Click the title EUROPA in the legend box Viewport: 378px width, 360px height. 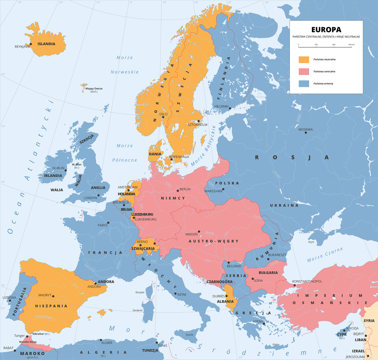pyautogui.click(x=326, y=30)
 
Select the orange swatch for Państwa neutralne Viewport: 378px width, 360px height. pyautogui.click(x=304, y=59)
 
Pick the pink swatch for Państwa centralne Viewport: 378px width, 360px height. pyautogui.click(x=304, y=72)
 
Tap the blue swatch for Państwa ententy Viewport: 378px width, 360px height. pyautogui.click(x=304, y=83)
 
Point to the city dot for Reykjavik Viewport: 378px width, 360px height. pyautogui.click(x=31, y=44)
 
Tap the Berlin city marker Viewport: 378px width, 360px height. pyautogui.click(x=178, y=190)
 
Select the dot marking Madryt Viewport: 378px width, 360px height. pyautogui.click(x=53, y=296)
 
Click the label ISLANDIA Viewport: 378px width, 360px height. pyautogui.click(x=46, y=44)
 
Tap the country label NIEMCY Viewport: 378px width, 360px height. pyautogui.click(x=173, y=198)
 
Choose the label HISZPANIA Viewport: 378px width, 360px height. pyautogui.click(x=51, y=306)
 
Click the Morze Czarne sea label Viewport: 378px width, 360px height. pyautogui.click(x=325, y=255)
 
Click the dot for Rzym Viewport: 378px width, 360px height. pyautogui.click(x=175, y=294)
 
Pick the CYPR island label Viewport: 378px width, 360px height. pyautogui.click(x=341, y=334)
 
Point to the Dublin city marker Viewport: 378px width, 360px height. pyautogui.click(x=66, y=171)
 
